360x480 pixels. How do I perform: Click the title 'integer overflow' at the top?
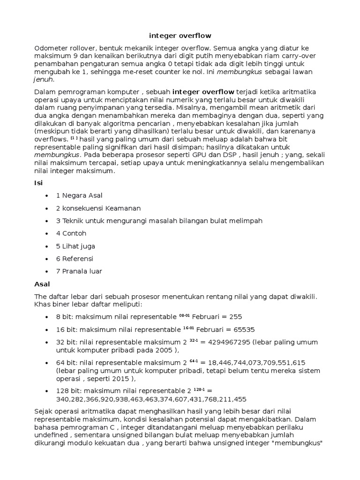click(x=180, y=36)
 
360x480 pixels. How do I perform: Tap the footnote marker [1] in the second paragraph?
click(x=75, y=139)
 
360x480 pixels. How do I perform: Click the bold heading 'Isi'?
click(x=39, y=183)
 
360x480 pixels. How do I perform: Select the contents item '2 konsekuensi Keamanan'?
click(x=98, y=208)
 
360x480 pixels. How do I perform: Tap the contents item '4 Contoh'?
click(x=71, y=233)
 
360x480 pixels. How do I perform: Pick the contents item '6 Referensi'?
click(x=75, y=258)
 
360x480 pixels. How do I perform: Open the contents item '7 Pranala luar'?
click(x=79, y=271)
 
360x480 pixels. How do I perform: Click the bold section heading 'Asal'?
click(x=42, y=284)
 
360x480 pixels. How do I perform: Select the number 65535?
click(x=241, y=329)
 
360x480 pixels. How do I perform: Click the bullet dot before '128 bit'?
click(x=46, y=391)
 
